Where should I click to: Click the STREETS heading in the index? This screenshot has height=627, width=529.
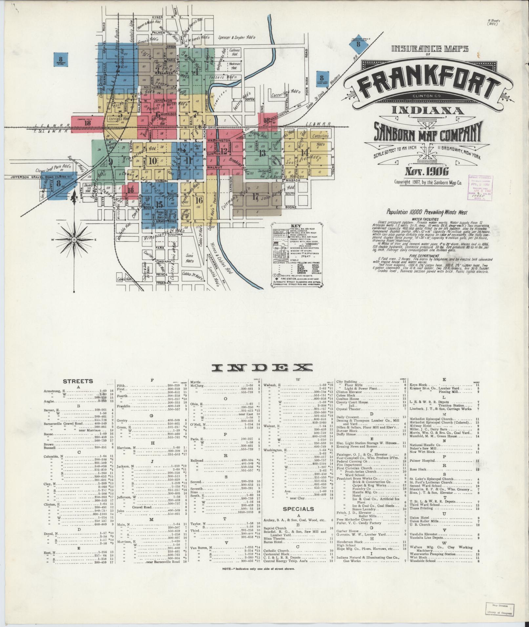pyautogui.click(x=78, y=381)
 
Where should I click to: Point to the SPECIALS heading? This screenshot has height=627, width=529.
pyautogui.click(x=298, y=509)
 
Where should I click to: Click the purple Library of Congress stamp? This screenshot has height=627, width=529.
pyautogui.click(x=482, y=186)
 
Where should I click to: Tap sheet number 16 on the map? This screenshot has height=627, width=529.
pyautogui.click(x=198, y=200)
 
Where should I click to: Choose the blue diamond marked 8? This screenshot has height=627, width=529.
pyautogui.click(x=358, y=44)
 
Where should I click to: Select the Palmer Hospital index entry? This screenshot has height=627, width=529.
pyautogui.click(x=422, y=460)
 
